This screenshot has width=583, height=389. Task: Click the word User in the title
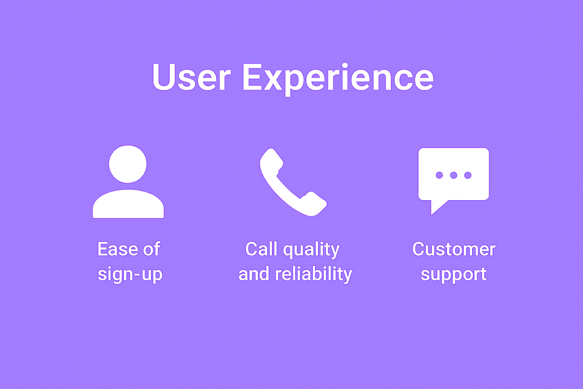192,77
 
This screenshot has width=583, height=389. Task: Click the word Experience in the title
338,79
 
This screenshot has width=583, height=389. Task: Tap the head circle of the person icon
128,164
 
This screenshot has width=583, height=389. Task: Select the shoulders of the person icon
128,204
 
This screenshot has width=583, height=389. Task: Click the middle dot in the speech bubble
454,175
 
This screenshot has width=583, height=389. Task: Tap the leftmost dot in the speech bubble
439,175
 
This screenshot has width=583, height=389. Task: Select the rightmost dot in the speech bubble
468,175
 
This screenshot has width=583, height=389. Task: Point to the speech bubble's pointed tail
432,215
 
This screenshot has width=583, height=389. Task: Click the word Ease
118,249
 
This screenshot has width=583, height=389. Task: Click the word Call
261,249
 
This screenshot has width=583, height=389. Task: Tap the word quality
311,250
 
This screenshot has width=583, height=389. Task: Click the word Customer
454,249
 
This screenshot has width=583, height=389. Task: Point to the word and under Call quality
254,274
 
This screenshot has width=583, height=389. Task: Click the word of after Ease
151,249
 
